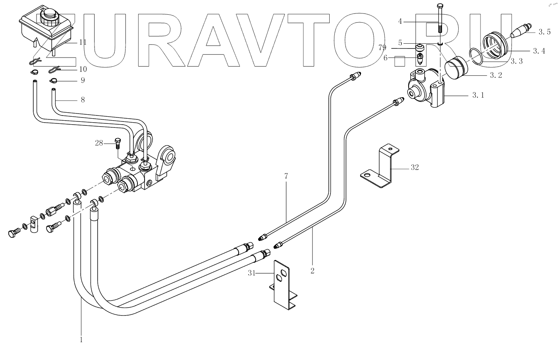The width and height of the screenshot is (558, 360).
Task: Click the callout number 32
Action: click(x=415, y=167)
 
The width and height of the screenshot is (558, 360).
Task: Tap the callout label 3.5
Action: click(x=544, y=32)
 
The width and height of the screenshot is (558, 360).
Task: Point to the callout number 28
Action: click(x=99, y=143)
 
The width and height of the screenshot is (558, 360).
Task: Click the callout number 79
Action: click(x=382, y=48)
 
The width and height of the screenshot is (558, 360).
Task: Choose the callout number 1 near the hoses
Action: click(x=81, y=340)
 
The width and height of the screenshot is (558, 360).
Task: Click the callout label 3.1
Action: click(x=478, y=95)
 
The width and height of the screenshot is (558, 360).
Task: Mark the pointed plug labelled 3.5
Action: click(x=519, y=31)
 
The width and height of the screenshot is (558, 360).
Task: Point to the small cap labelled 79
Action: click(x=419, y=48)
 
